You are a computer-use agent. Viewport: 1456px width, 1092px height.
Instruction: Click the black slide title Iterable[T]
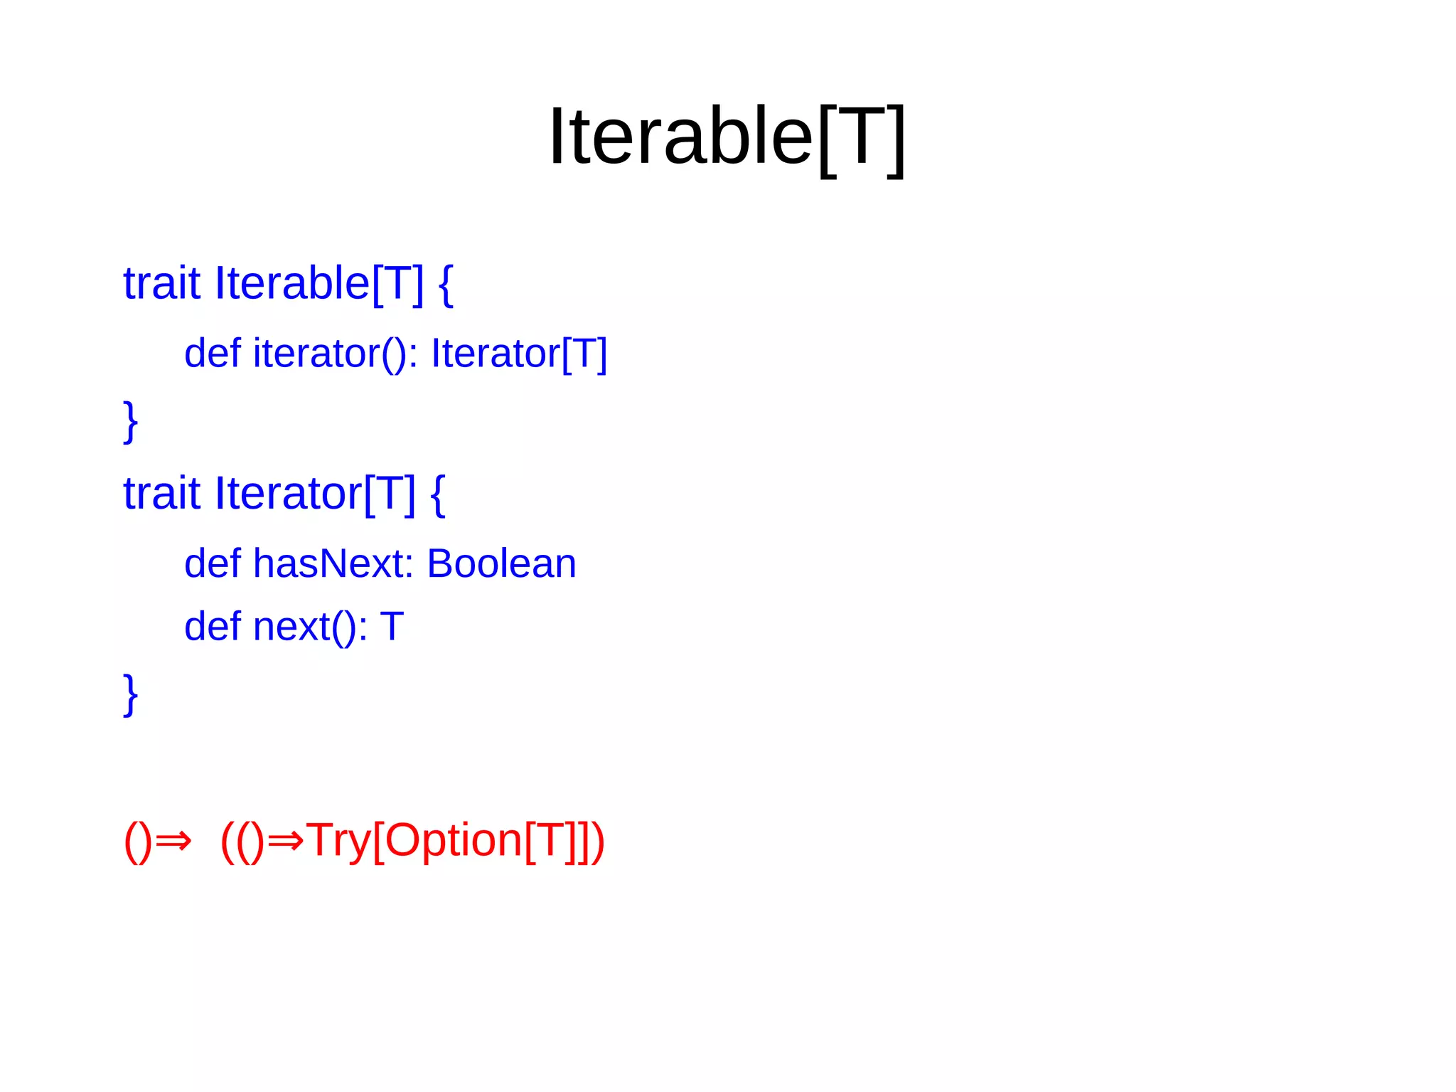(727, 137)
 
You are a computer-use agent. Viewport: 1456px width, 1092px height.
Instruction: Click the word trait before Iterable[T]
(161, 283)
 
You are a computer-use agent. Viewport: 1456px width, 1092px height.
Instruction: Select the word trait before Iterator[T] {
(161, 493)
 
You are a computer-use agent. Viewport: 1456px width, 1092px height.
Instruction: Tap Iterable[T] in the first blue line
(319, 283)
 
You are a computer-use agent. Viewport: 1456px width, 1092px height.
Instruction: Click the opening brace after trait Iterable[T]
(446, 285)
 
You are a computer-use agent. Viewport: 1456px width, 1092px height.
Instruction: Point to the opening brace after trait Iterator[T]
(438, 494)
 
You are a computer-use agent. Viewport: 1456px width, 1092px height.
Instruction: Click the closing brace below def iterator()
(130, 421)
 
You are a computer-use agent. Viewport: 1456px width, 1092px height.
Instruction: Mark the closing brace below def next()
(130, 694)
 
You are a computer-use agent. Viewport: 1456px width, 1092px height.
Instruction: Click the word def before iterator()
(212, 353)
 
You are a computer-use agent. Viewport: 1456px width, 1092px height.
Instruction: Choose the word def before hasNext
(212, 563)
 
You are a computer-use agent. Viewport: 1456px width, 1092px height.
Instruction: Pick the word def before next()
(212, 627)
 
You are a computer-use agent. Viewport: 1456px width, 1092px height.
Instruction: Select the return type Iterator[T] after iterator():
(519, 354)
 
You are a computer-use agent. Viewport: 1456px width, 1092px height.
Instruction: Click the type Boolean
(501, 563)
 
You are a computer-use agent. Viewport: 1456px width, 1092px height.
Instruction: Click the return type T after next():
(392, 627)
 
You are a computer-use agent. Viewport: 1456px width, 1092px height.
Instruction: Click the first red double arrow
(173, 842)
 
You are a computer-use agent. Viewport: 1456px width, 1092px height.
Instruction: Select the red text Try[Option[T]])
(455, 842)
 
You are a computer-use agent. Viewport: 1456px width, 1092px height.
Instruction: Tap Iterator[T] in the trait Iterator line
(315, 493)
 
